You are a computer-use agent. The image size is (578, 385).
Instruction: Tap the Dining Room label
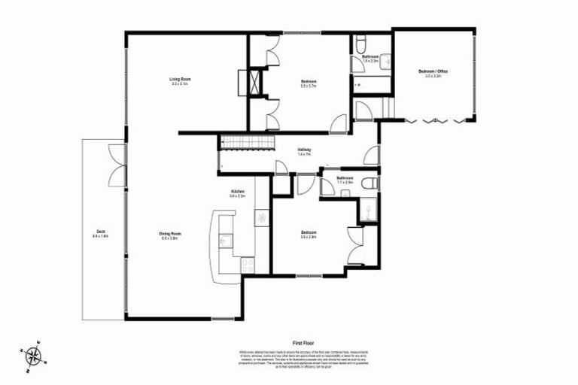click(x=169, y=235)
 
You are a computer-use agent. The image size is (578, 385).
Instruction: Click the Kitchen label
click(x=238, y=194)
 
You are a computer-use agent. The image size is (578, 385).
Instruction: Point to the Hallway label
click(x=304, y=151)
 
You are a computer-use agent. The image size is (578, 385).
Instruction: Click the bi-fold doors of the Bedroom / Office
click(x=438, y=120)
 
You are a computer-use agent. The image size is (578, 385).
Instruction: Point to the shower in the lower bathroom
click(x=368, y=212)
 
